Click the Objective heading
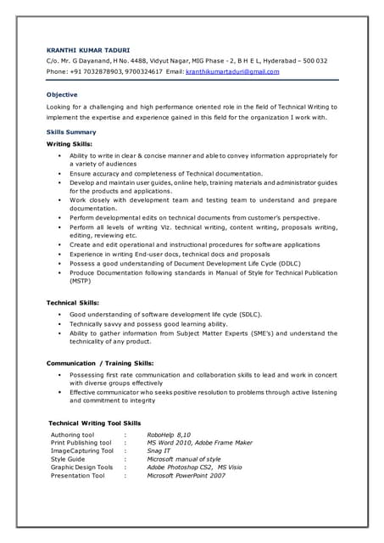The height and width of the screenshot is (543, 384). (62, 94)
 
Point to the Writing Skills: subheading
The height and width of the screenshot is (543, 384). (70, 144)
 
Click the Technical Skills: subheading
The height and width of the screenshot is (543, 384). (72, 302)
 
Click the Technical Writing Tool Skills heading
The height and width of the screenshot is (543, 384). (94, 423)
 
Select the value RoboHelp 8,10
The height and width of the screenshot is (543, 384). (169, 434)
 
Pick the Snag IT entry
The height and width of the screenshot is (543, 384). (161, 451)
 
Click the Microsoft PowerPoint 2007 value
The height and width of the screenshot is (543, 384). (186, 476)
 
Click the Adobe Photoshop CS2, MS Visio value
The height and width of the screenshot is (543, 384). (194, 467)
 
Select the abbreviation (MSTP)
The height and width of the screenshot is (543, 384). (81, 280)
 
